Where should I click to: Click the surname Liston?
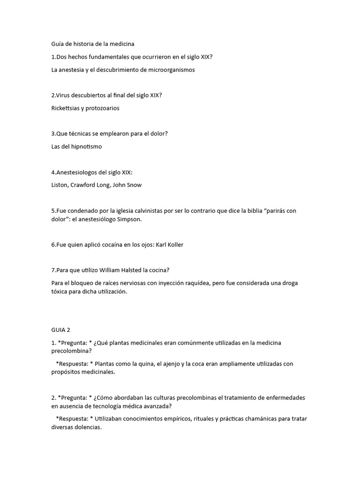[59, 185]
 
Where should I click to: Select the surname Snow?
[134, 185]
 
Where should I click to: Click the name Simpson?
[139, 219]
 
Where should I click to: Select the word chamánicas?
[269, 419]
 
